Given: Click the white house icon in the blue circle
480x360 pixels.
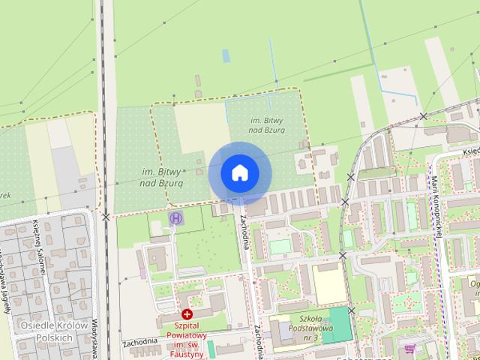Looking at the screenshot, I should pyautogui.click(x=238, y=172).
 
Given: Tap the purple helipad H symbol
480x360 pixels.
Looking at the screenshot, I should pyautogui.click(x=176, y=219).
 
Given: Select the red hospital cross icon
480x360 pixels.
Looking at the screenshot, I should pyautogui.click(x=186, y=316).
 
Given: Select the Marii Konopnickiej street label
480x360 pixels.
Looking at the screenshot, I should pyautogui.click(x=436, y=206).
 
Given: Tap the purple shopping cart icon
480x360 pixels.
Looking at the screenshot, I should pyautogui.click(x=409, y=349).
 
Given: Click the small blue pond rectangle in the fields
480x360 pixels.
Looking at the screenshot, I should pyautogui.click(x=226, y=55).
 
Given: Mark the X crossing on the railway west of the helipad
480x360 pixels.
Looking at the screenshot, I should pyautogui.click(x=106, y=217).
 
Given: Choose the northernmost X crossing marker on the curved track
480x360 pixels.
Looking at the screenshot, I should pyautogui.click(x=424, y=116).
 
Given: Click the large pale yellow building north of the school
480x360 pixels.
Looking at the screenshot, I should pyautogui.click(x=326, y=283).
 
